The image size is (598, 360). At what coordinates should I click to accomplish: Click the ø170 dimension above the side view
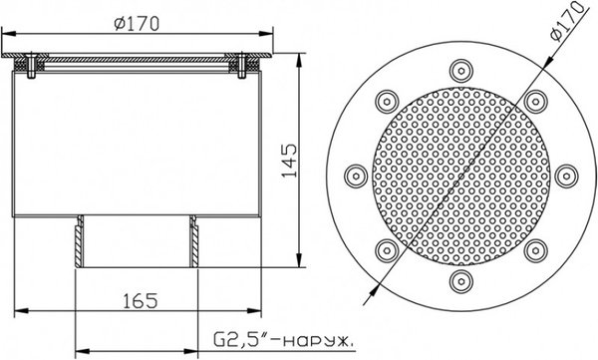(137, 24)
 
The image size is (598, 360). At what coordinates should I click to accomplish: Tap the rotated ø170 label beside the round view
(567, 21)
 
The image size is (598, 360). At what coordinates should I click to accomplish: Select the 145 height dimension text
(289, 161)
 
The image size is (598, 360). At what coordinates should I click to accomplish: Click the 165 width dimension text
(140, 301)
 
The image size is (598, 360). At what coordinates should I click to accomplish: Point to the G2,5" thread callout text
(283, 340)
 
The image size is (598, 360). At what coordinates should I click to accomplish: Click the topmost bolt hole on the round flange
(461, 71)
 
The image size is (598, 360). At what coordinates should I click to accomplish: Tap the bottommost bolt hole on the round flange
(461, 282)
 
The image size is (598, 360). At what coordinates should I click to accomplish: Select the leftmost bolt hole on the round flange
(356, 177)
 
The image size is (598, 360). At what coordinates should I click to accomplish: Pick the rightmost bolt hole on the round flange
(566, 177)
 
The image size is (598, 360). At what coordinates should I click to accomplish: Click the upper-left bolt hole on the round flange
(387, 102)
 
